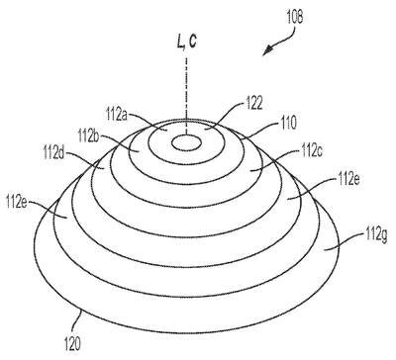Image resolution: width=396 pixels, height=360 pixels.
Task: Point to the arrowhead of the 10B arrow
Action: tap(268, 51)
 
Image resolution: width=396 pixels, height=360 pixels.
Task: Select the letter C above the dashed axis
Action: tap(192, 43)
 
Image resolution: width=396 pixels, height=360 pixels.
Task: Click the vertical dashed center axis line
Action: tap(187, 96)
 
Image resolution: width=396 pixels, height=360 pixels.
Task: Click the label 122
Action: tap(252, 104)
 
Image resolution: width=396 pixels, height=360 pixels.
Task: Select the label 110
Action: tap(287, 123)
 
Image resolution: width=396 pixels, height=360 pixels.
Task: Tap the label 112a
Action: tap(117, 115)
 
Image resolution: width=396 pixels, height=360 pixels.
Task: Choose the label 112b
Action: tap(89, 135)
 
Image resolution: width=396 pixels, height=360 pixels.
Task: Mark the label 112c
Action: tap(311, 151)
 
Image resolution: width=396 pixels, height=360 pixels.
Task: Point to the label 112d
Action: tap(54, 154)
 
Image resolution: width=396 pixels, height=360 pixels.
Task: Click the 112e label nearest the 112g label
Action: tap(347, 180)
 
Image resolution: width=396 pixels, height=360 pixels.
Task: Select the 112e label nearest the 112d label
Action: tap(17, 201)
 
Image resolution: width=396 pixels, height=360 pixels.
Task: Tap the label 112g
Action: tap(376, 235)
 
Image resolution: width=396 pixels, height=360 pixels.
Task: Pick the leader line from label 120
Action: tap(77, 320)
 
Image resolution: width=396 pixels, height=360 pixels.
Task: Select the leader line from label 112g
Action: tap(344, 243)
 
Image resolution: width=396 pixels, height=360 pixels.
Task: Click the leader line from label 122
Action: tap(225, 116)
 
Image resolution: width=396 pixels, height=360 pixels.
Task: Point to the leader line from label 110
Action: tap(259, 131)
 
